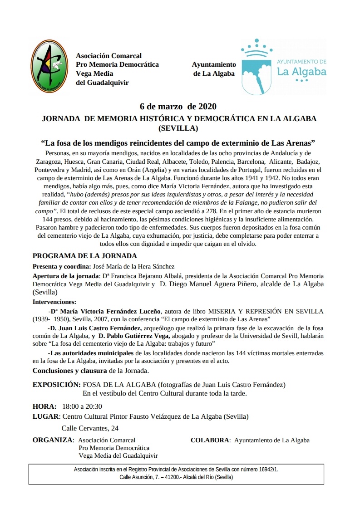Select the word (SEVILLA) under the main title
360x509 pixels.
[178, 128]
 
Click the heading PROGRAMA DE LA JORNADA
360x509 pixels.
[84, 256]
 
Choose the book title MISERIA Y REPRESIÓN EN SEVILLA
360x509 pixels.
[266, 311]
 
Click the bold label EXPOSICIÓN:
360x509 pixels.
[56, 385]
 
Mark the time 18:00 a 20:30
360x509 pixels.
[82, 406]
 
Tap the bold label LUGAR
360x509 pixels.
[46, 416]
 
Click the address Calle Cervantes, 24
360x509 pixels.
[90, 428]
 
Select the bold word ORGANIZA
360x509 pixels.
[53, 440]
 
